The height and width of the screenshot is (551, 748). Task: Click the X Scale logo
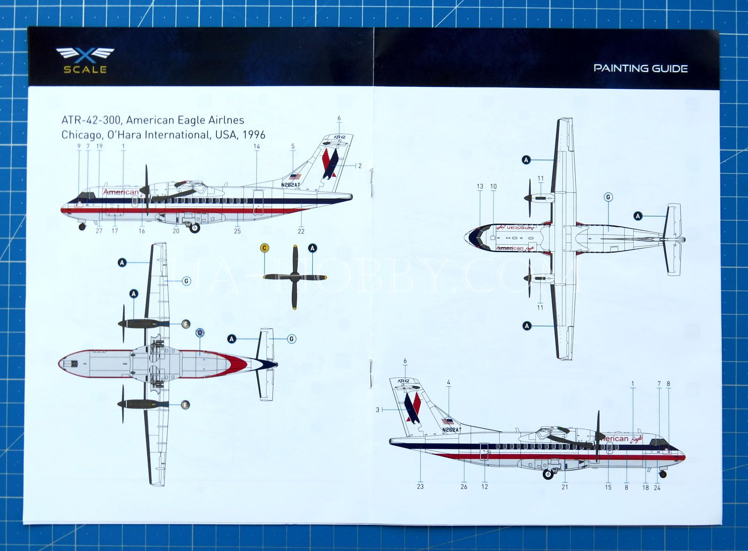click(x=85, y=60)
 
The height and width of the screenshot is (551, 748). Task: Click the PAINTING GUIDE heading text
click(x=640, y=68)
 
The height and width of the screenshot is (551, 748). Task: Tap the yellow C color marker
click(x=265, y=248)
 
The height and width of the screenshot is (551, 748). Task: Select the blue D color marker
click(x=200, y=333)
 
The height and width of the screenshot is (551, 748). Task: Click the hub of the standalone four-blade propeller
click(x=295, y=277)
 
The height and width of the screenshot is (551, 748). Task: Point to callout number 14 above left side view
click(x=257, y=146)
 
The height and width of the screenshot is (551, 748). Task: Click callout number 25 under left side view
click(x=237, y=231)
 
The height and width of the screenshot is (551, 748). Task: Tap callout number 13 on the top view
click(x=480, y=186)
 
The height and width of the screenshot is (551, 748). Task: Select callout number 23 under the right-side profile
click(x=420, y=486)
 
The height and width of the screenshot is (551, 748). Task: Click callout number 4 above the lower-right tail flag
click(x=448, y=383)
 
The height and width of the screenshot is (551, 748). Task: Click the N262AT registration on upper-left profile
click(x=291, y=185)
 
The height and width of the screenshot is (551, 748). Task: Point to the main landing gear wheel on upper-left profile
click(x=194, y=228)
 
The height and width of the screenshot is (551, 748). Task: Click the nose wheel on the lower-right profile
click(x=662, y=474)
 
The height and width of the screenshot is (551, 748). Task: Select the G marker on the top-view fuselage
click(x=608, y=197)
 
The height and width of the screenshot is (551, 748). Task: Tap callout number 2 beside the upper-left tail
click(x=360, y=166)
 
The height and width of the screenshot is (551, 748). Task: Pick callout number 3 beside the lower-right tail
click(x=378, y=410)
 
